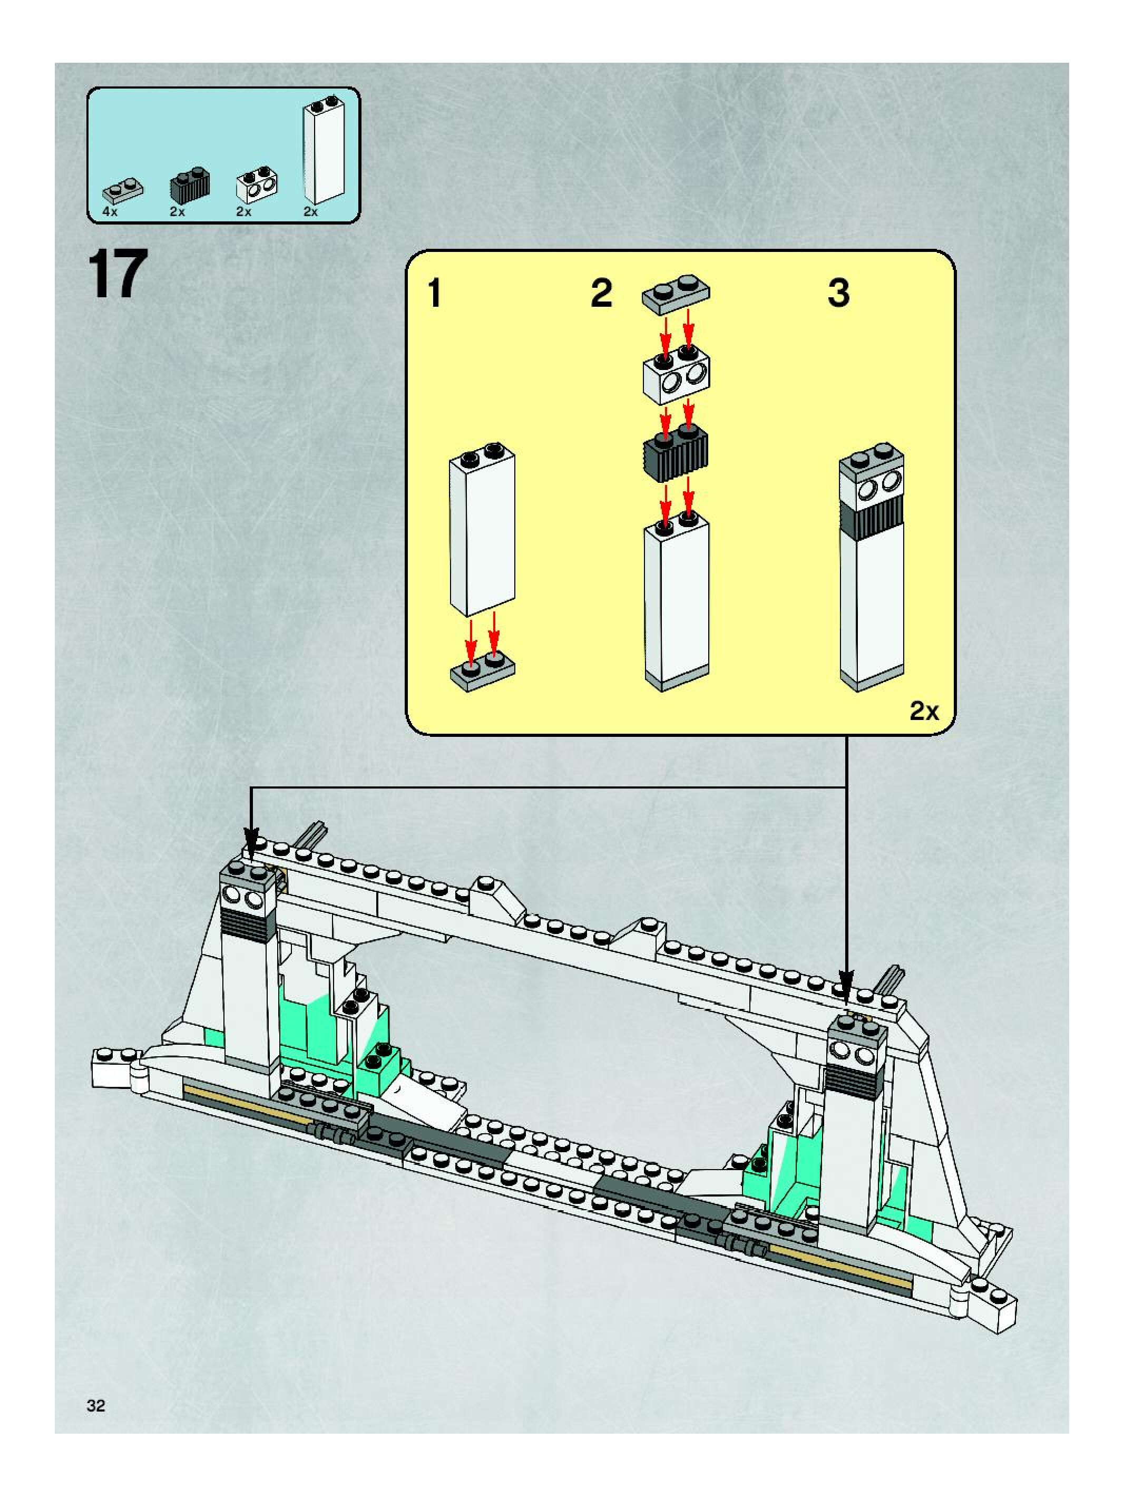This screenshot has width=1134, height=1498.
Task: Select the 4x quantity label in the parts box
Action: (110, 212)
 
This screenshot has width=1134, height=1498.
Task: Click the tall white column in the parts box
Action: (324, 150)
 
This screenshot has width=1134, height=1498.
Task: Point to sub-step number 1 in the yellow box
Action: (435, 295)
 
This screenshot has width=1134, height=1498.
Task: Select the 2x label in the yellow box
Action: (924, 711)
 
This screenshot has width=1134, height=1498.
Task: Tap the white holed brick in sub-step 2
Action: (675, 378)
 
